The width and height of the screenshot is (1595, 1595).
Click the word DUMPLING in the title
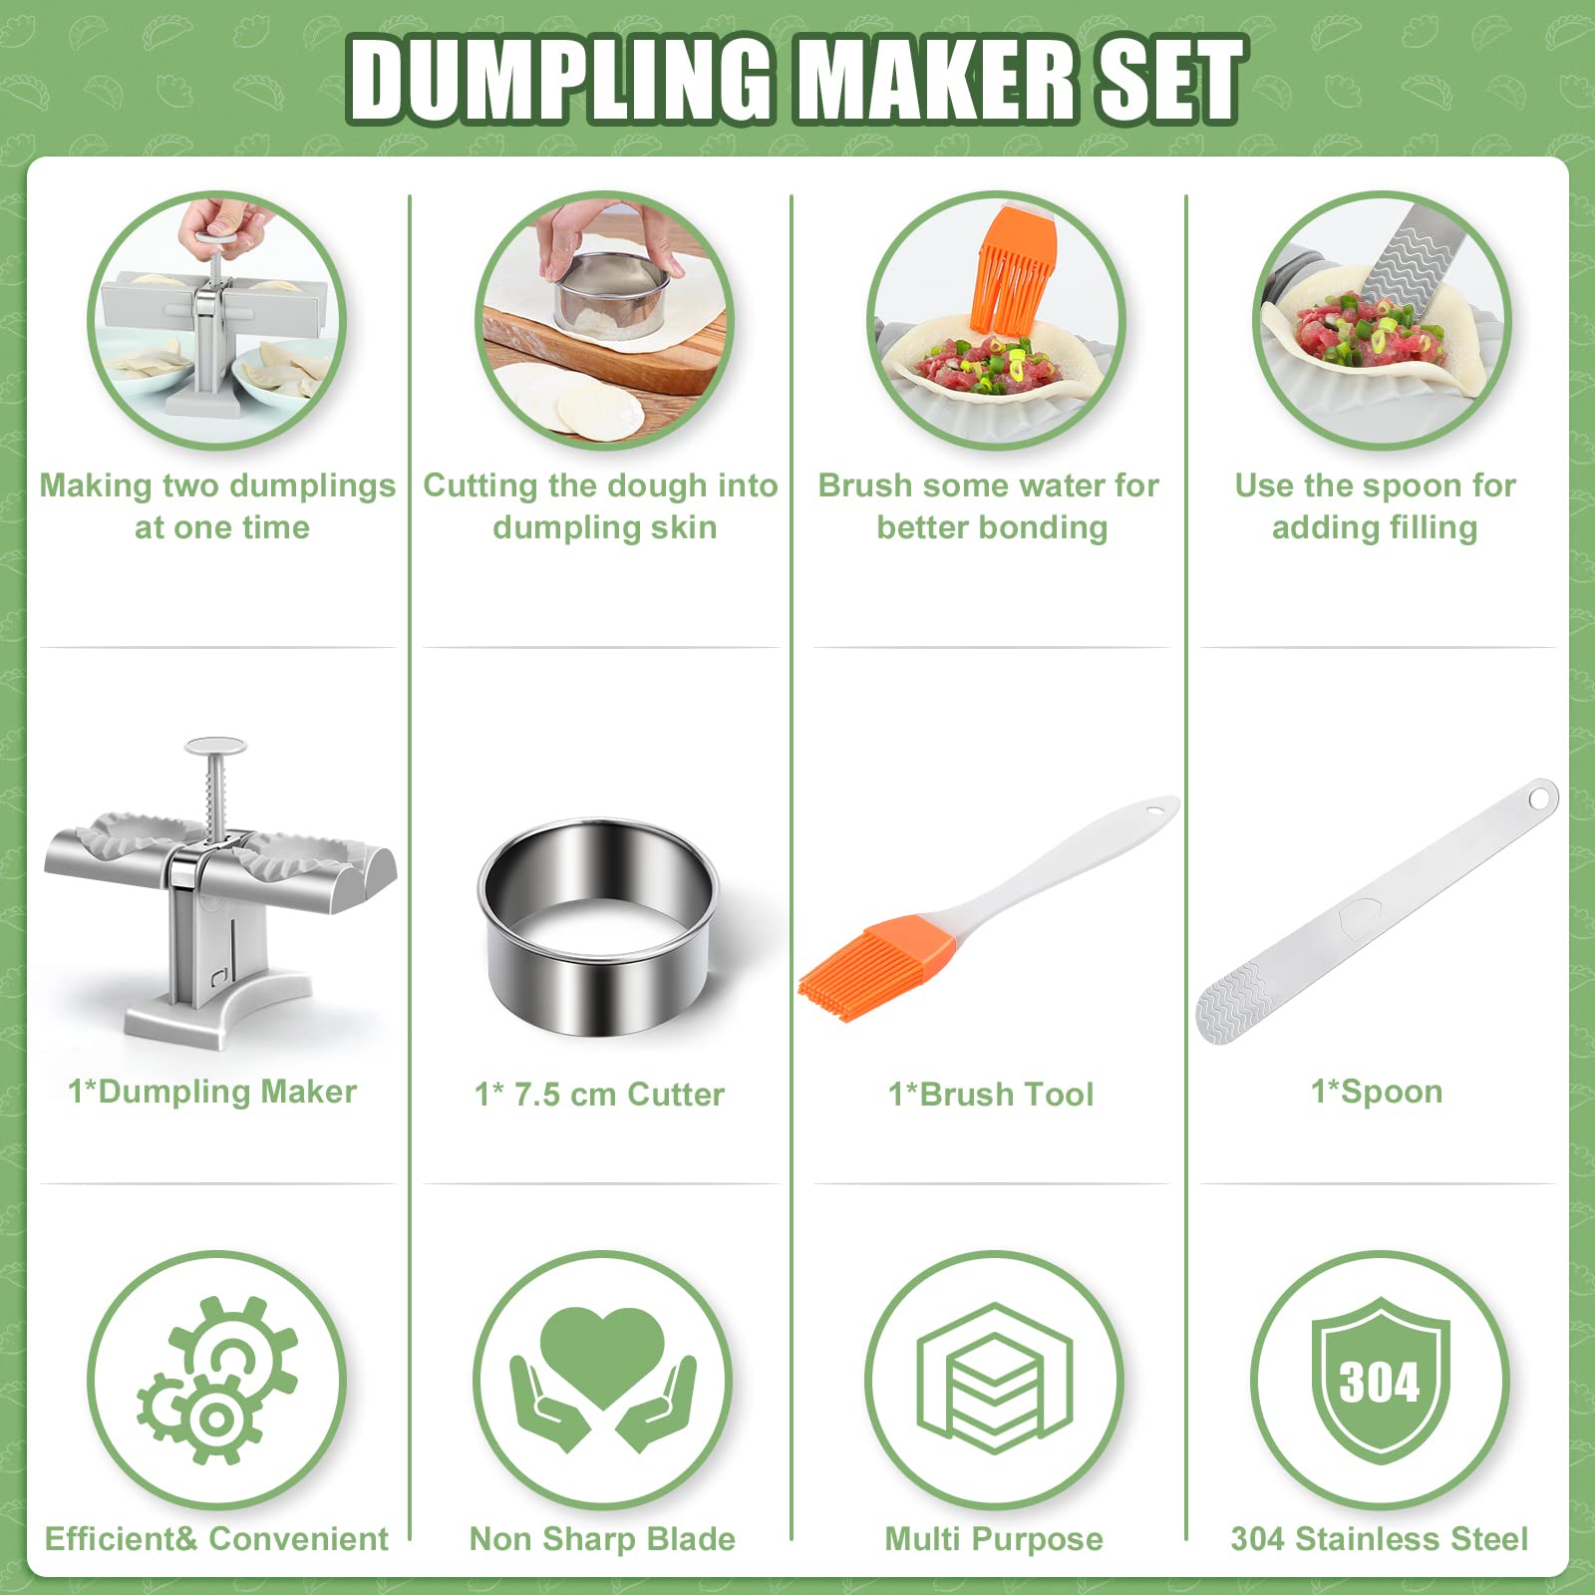[561, 79]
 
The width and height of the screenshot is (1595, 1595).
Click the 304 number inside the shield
[1380, 1383]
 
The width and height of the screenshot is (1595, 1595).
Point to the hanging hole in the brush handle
[1158, 807]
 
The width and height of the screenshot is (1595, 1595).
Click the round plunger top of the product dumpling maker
[215, 746]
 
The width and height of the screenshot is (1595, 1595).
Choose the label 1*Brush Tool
[991, 1094]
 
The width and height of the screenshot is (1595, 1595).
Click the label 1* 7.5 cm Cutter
[599, 1094]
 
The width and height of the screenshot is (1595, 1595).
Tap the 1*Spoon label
[1377, 1092]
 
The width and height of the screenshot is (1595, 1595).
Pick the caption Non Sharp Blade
[602, 1538]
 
